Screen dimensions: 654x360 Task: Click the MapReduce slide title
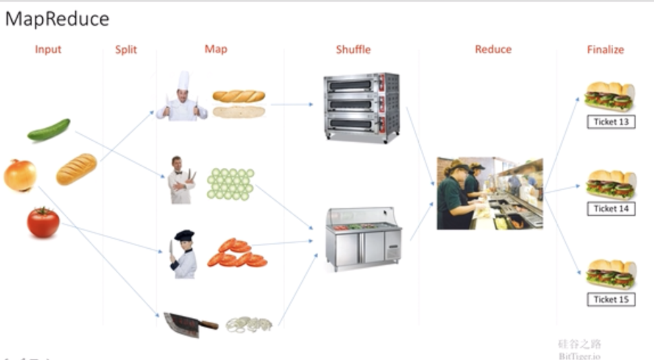tap(57, 20)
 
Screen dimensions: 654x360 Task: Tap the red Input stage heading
tap(48, 49)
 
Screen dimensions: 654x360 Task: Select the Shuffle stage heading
tap(354, 49)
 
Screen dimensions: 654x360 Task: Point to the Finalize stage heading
tap(605, 49)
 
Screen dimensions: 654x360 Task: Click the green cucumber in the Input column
tap(49, 130)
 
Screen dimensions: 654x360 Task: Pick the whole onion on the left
tap(20, 175)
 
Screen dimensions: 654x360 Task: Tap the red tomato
tap(43, 222)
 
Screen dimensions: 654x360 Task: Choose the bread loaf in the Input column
tap(76, 169)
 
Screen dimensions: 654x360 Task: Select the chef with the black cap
tap(183, 254)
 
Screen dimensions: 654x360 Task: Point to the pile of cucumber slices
tap(231, 184)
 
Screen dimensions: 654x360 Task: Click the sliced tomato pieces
tap(237, 253)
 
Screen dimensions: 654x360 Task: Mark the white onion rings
tap(249, 324)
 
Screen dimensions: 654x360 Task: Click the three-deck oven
tap(362, 107)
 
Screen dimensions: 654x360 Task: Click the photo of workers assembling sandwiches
tap(490, 193)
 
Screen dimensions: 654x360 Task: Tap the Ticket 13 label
tap(611, 122)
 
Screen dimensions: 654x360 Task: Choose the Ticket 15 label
tap(611, 299)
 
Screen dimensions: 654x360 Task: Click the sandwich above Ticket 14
tap(611, 185)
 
